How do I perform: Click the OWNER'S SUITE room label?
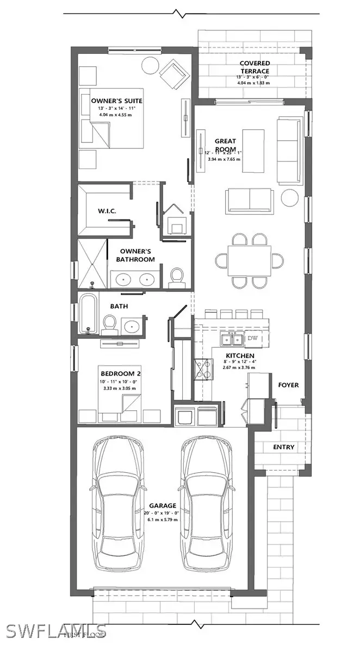(116, 101)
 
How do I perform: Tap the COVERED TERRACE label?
(255, 67)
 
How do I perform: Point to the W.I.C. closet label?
(105, 210)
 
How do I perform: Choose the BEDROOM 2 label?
(120, 373)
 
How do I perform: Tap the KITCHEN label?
(240, 356)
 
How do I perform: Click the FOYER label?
(289, 385)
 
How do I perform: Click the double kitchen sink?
(232, 339)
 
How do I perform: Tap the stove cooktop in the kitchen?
(204, 369)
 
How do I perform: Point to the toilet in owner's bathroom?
(177, 277)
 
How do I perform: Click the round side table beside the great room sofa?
(289, 198)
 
